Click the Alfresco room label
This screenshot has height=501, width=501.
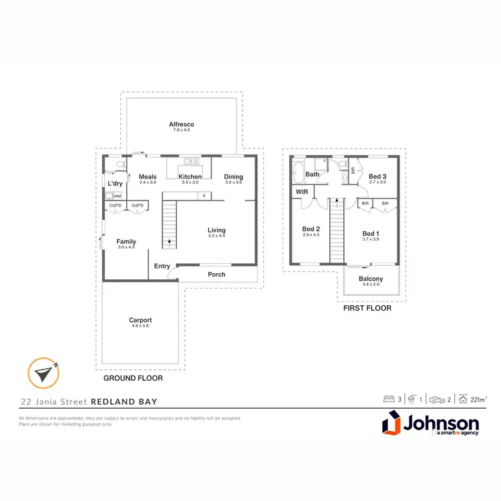(x=181, y=124)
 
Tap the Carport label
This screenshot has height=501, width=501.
(x=140, y=320)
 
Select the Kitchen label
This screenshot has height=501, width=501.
(x=190, y=177)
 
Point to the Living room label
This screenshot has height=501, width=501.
(x=216, y=230)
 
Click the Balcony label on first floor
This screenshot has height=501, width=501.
(x=371, y=279)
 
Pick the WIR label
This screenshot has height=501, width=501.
(x=301, y=192)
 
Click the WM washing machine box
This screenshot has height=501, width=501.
(x=117, y=196)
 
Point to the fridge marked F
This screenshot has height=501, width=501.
(x=204, y=196)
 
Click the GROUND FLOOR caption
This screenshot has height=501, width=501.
(x=133, y=378)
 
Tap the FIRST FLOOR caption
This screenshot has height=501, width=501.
(x=367, y=309)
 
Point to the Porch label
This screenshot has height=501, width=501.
(x=216, y=275)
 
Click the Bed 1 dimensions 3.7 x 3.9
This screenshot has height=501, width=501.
(x=371, y=239)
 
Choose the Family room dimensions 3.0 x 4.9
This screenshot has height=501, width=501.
(x=126, y=247)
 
